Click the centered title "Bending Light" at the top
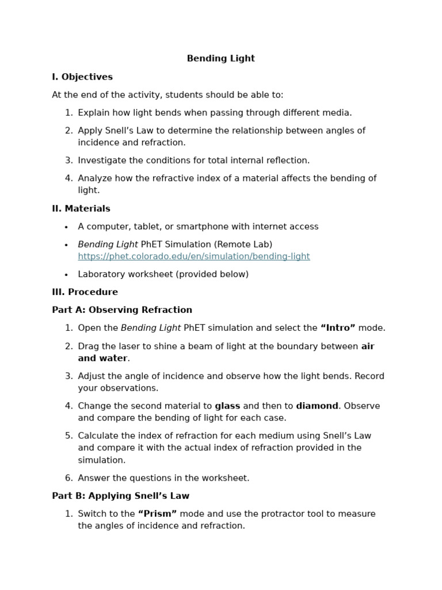pos(220,59)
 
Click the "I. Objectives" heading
pos(82,77)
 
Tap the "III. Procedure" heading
pos(85,292)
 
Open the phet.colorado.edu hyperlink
pos(194,256)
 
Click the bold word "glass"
pos(227,406)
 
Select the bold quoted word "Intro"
pos(337,328)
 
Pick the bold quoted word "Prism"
pos(157,514)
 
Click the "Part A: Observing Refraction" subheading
pos(122,310)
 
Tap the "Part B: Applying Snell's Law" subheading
pos(120,496)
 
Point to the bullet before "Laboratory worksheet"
pos(66,275)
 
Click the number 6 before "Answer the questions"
pos(68,478)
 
